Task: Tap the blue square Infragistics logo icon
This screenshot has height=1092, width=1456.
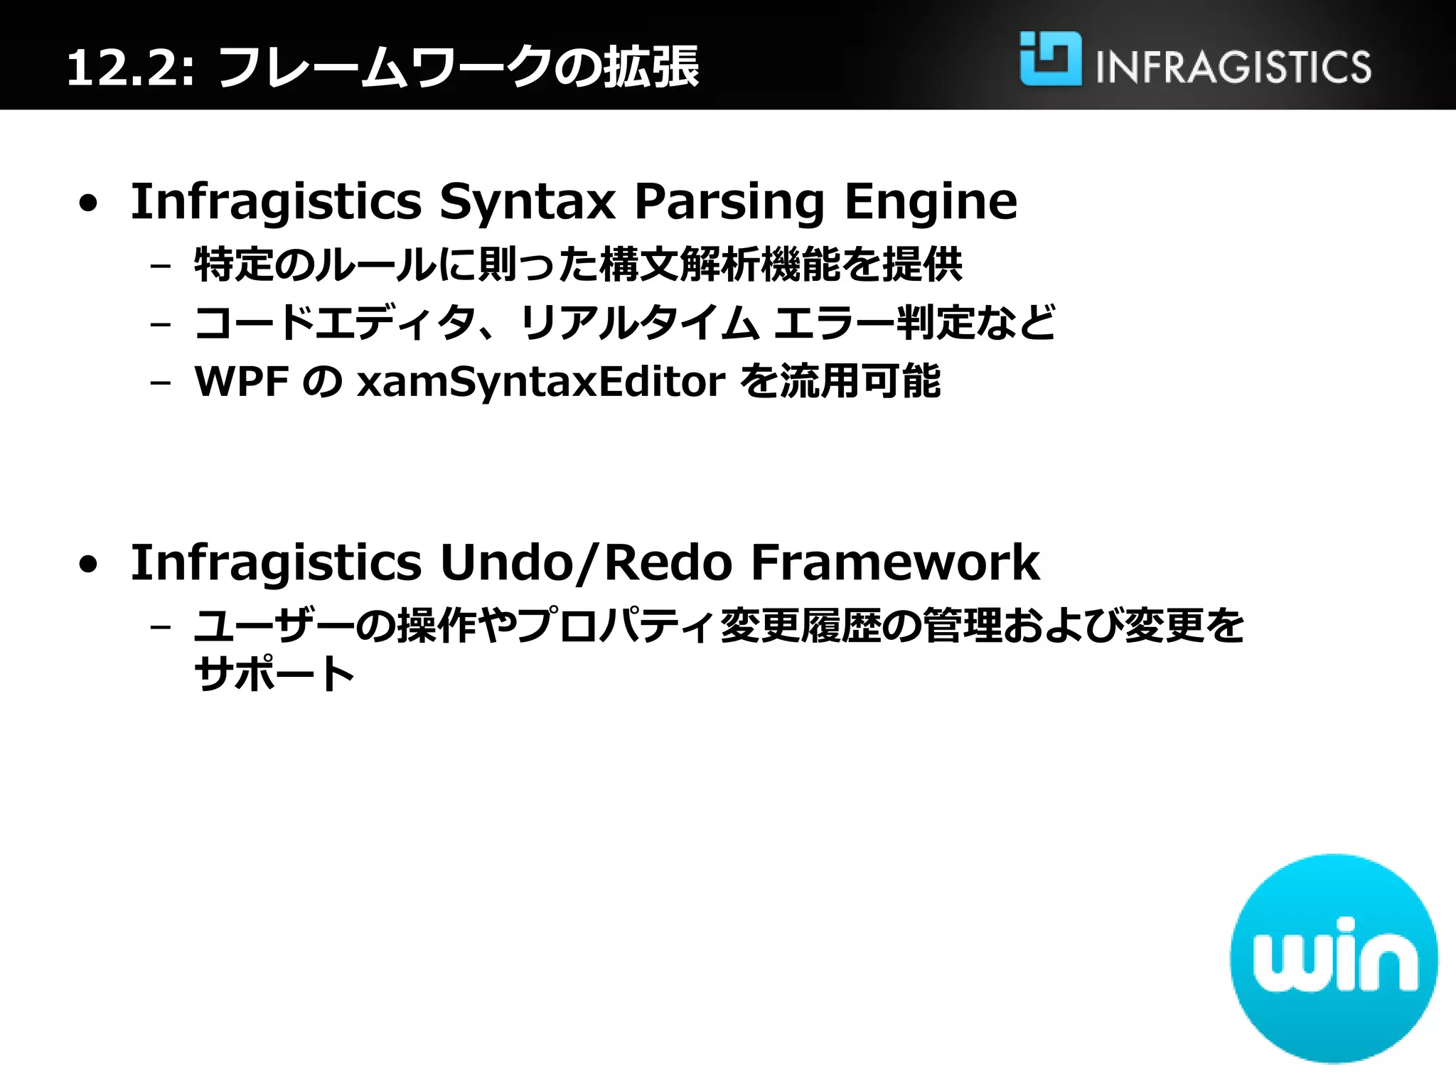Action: [1050, 58]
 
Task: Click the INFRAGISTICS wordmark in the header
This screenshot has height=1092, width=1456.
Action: [1233, 68]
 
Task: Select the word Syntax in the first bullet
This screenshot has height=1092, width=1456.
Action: [527, 202]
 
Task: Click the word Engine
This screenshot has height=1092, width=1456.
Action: [931, 202]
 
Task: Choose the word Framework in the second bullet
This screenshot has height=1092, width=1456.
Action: [895, 563]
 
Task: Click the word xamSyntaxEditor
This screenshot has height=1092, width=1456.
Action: [541, 382]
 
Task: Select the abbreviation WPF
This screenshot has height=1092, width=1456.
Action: [241, 382]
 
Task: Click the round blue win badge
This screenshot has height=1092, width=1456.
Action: [1334, 958]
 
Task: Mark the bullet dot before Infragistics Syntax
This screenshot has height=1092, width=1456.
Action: [88, 204]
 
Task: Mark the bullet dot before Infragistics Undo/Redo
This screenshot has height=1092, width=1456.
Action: [88, 565]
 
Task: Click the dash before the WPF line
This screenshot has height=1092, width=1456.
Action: [161, 382]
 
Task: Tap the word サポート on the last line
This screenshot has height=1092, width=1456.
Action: [274, 674]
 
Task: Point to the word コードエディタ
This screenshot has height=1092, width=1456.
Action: [335, 323]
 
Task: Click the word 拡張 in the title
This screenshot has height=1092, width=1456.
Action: [651, 68]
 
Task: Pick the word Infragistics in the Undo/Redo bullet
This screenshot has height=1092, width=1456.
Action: [276, 563]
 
